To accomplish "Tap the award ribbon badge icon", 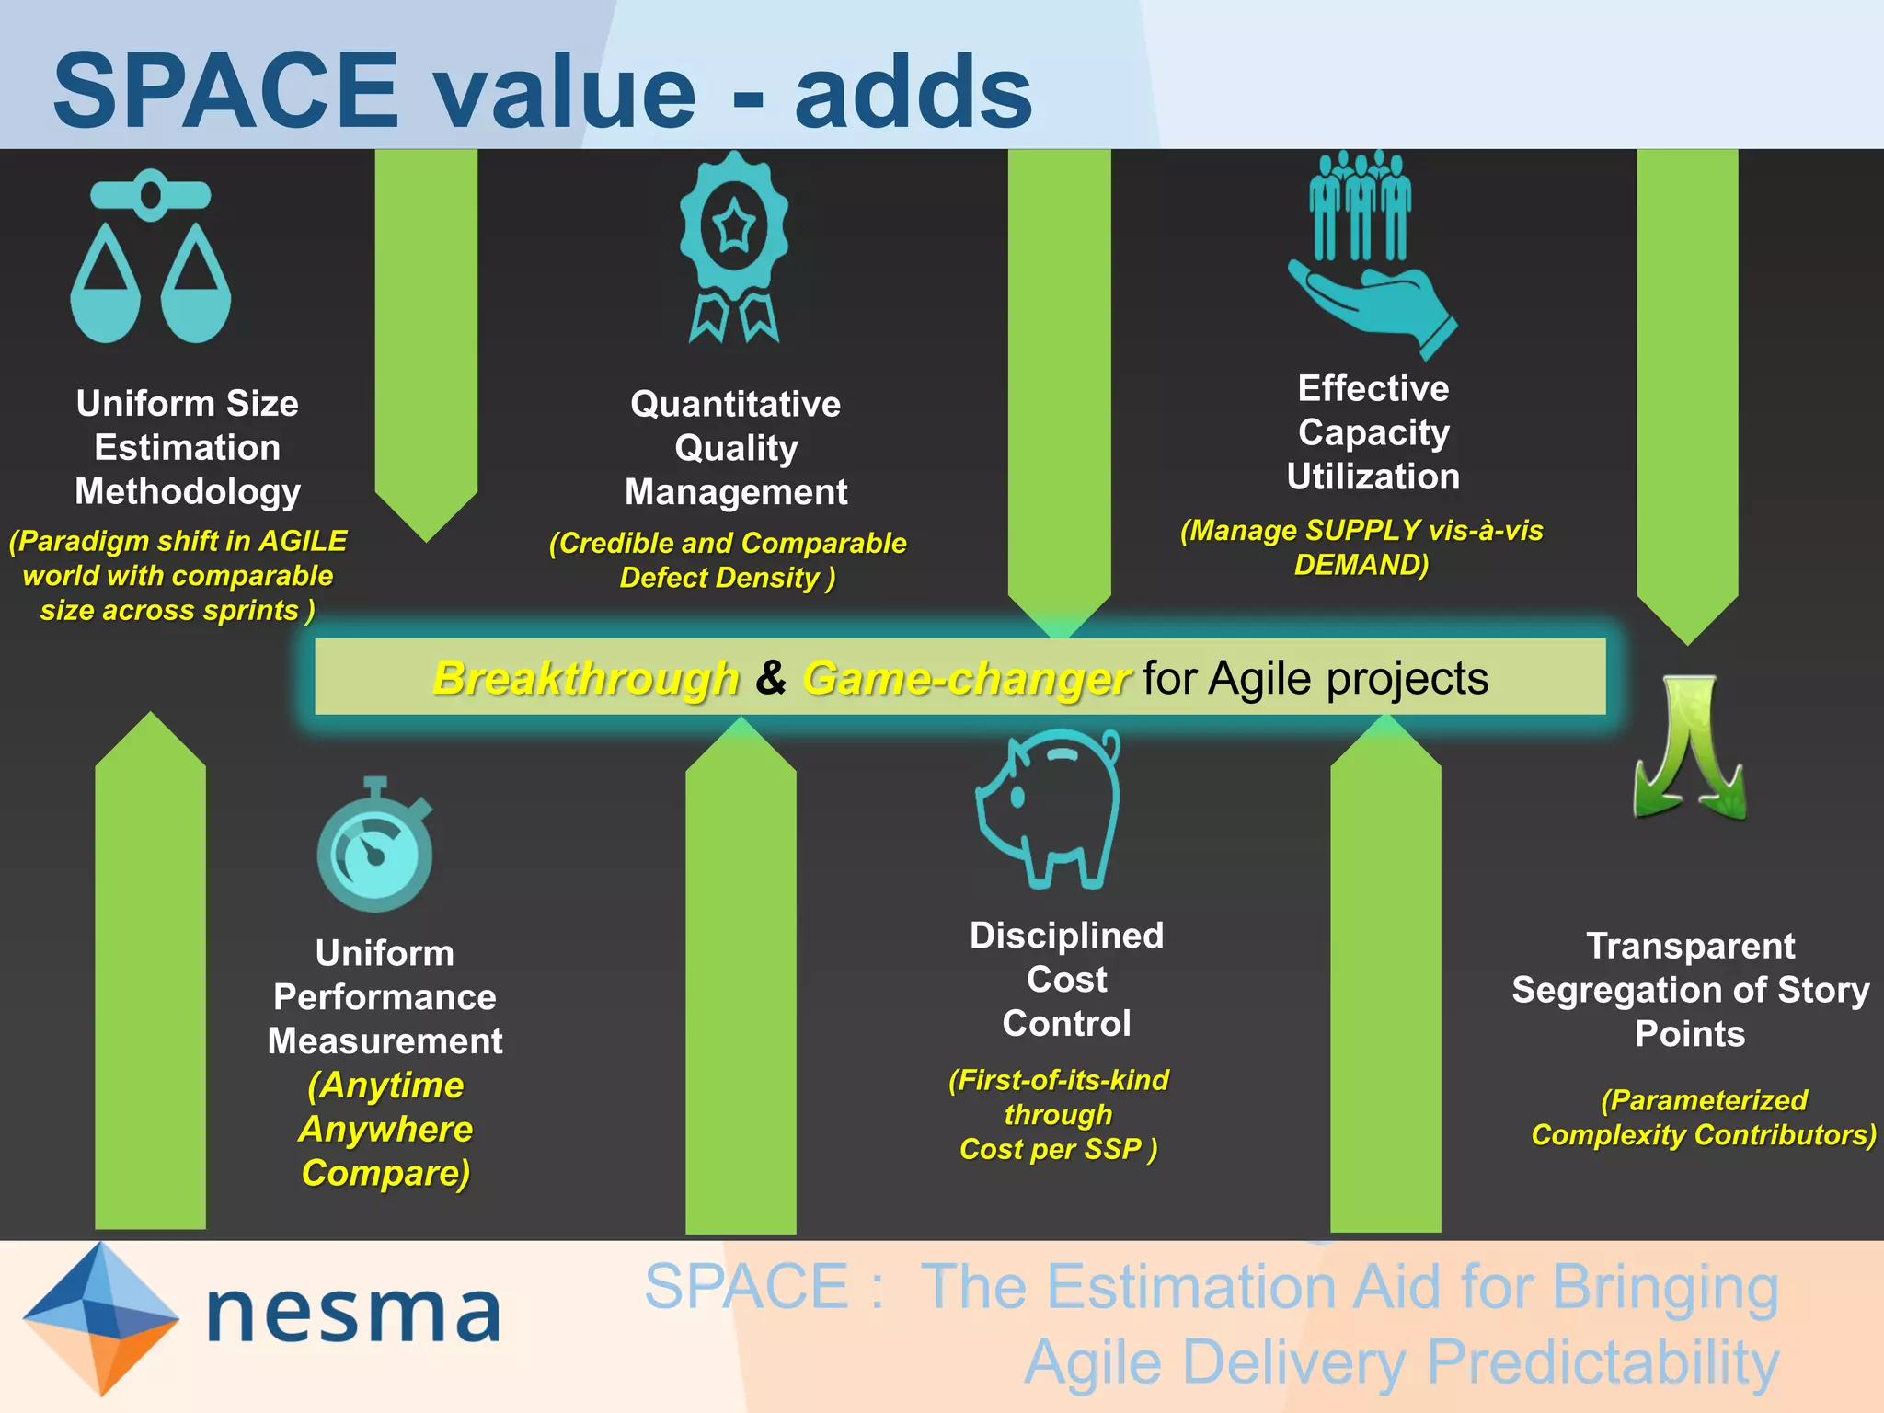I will tap(734, 247).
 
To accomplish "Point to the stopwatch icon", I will tap(375, 846).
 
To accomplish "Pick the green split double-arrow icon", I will tap(1690, 747).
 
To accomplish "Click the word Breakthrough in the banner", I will tap(586, 679).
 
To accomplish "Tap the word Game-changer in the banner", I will tap(966, 679).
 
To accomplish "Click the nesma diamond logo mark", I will tap(100, 1317).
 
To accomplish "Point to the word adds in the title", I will tap(913, 92).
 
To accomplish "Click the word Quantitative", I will tap(735, 404).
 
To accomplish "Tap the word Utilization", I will tap(1373, 477).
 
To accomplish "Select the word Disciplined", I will tap(1066, 936).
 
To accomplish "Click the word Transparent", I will tap(1690, 946).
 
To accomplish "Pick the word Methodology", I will tap(188, 491).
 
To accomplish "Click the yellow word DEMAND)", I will tap(1361, 565).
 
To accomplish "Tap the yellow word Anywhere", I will tap(385, 1129).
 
